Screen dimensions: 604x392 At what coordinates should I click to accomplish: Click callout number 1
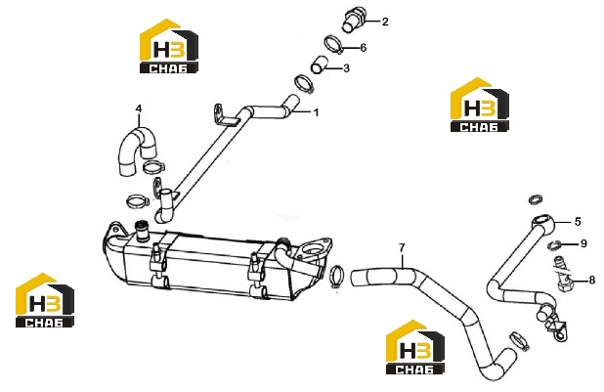coord(317,112)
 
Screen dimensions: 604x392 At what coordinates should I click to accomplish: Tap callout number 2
coord(385,22)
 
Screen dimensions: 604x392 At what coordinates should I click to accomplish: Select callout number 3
coord(346,68)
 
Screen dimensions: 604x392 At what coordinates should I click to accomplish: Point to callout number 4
coord(139,109)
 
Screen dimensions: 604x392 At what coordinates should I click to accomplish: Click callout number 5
coord(578,222)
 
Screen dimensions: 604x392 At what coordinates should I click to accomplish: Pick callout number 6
coord(363,47)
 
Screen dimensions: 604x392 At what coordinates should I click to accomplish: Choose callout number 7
coord(402,248)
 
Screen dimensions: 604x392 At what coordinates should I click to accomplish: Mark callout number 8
coord(592,280)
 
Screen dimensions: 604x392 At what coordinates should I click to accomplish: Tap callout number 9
coord(583,243)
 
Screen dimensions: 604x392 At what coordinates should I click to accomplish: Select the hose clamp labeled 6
coord(334,44)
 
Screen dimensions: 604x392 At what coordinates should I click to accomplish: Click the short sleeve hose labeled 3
coord(319,65)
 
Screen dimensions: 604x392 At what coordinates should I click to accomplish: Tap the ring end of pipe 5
coord(543,223)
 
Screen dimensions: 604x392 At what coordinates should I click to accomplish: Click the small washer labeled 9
coord(554,244)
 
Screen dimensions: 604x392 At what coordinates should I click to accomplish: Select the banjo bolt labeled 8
coord(564,274)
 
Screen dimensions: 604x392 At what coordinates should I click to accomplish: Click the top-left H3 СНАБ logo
coord(169,46)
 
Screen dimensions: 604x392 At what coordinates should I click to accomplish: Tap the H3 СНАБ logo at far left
coord(45,300)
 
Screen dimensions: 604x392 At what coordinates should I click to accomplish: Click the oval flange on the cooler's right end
coord(316,248)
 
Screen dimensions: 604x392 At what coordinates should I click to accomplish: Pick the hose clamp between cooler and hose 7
coord(336,277)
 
